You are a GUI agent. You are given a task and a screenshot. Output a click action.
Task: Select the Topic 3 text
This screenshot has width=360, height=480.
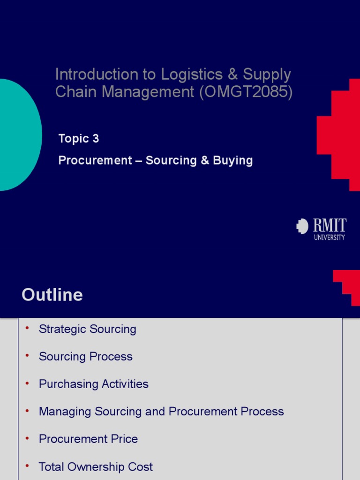pos(79,139)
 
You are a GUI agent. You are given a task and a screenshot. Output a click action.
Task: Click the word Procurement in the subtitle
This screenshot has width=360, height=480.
pos(95,161)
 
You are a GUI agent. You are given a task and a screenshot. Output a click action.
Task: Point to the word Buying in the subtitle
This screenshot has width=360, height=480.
pos(233,161)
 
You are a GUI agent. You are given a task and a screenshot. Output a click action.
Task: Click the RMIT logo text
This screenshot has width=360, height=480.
pos(330,226)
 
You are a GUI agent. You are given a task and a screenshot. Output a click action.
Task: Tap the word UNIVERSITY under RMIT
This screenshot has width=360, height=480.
pos(329,238)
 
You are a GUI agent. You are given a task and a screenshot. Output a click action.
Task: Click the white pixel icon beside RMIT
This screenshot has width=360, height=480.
pos(302,226)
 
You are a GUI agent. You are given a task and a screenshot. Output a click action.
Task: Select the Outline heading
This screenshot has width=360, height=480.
pos(52,295)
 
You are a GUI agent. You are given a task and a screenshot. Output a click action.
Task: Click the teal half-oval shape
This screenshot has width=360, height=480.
pos(19,135)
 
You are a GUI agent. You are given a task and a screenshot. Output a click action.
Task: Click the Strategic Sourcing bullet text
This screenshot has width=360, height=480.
pos(88,329)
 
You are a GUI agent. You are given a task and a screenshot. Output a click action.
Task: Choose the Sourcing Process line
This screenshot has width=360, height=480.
pos(86,357)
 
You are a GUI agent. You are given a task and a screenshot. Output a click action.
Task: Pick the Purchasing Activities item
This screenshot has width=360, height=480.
pos(94,384)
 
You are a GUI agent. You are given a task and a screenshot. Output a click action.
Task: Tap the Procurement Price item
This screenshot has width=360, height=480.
pos(89,439)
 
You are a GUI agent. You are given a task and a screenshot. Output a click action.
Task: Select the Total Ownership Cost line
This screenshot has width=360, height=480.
pos(96,467)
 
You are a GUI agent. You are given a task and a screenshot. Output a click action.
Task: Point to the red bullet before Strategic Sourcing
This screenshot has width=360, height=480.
pos(27,328)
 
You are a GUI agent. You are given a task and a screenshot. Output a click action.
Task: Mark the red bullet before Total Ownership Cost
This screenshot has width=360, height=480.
pos(27,465)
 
